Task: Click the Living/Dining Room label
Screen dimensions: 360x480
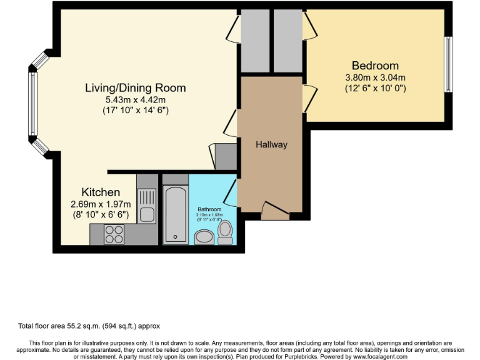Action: (x=136, y=88)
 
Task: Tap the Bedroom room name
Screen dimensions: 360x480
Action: (x=375, y=66)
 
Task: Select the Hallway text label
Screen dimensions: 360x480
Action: (x=271, y=145)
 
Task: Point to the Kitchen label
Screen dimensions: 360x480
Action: (x=101, y=192)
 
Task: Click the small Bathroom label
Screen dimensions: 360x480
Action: (x=209, y=209)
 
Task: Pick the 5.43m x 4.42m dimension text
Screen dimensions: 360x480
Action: (x=136, y=99)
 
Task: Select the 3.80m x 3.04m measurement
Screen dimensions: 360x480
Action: (x=375, y=77)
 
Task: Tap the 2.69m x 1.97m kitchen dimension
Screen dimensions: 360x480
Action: (x=101, y=204)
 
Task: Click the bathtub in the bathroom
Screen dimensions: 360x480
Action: (x=175, y=213)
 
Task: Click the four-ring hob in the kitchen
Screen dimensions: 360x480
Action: (x=114, y=234)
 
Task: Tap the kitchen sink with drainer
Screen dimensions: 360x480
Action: (x=147, y=206)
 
